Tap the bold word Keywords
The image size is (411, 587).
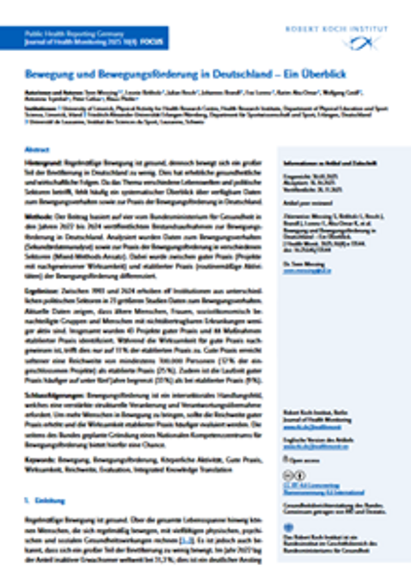pos(40,458)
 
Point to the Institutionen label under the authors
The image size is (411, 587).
pos(40,106)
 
